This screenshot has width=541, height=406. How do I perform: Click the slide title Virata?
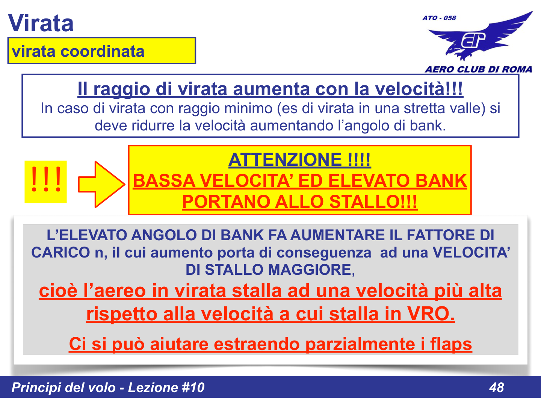pyautogui.click(x=41, y=23)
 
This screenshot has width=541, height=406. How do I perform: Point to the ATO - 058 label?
pyautogui.click(x=439, y=18)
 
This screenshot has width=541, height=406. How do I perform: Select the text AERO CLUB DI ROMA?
pyautogui.click(x=478, y=69)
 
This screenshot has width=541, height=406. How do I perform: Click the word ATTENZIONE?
pyautogui.click(x=285, y=160)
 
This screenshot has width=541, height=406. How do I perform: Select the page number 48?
pyautogui.click(x=496, y=387)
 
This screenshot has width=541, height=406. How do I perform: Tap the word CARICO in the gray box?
pyautogui.click(x=60, y=252)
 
